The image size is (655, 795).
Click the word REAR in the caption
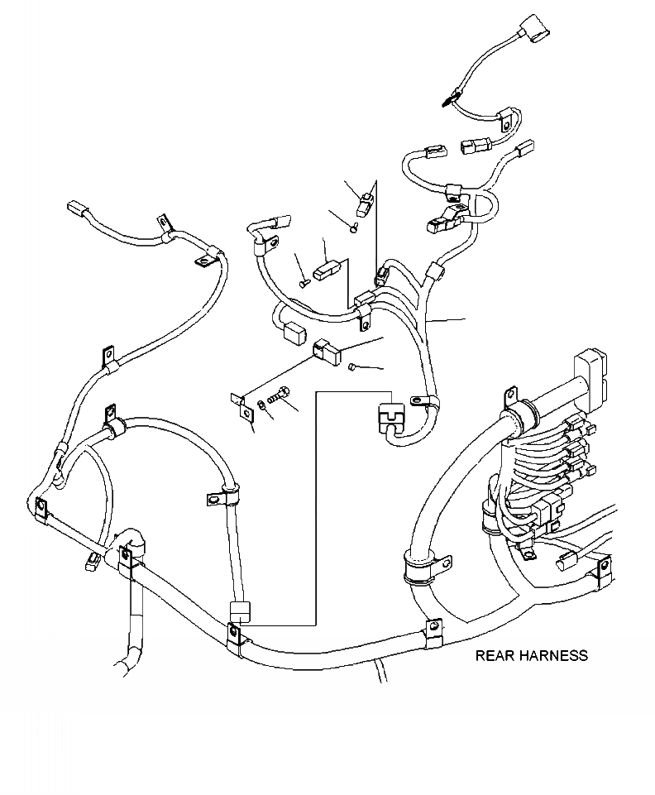(x=494, y=656)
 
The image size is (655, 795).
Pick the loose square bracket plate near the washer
(x=242, y=405)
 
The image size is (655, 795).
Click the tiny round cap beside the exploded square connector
(x=352, y=366)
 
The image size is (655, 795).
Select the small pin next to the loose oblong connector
(x=304, y=283)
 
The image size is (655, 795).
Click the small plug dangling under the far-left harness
(x=93, y=562)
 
